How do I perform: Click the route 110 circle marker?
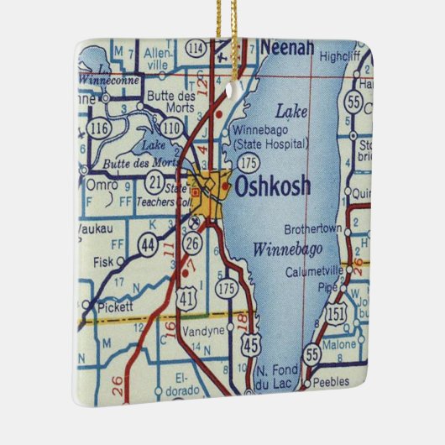171,128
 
